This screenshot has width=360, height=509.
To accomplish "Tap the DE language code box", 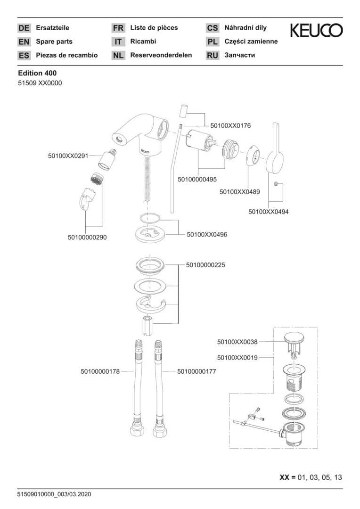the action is (24, 28).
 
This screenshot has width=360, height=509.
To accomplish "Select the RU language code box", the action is (213, 56).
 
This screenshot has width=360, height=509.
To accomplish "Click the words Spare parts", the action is (54, 41).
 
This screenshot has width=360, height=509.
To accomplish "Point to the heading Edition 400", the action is (37, 74).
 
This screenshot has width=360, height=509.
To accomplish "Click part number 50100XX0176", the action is (230, 126).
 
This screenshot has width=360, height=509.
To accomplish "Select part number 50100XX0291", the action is (68, 156).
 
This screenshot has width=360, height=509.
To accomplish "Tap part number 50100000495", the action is (197, 179).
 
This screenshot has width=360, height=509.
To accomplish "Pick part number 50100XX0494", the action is (269, 212).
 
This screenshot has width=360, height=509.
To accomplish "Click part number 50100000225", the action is (205, 265).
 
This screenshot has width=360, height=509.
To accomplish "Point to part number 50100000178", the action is (100, 371).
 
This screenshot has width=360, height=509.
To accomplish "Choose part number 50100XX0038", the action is (237, 342).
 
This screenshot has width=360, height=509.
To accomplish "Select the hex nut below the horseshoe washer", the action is (147, 325).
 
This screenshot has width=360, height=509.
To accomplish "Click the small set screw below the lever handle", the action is (277, 184).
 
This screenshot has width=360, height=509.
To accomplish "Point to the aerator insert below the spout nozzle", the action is (96, 179).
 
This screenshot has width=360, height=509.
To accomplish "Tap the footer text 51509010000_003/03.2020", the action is (54, 494).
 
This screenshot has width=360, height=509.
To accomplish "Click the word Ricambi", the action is (143, 41).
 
